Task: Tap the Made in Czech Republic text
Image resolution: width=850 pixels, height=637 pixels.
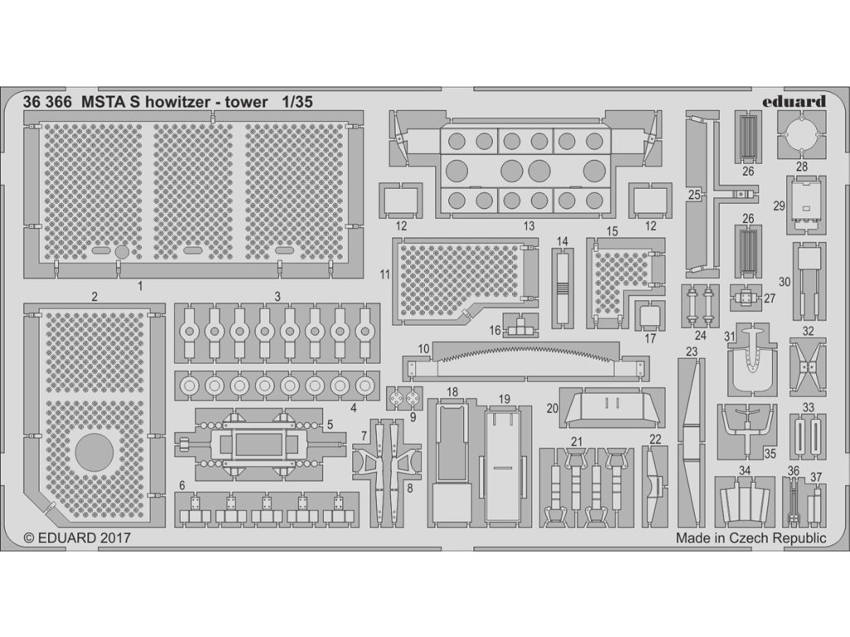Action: (x=750, y=537)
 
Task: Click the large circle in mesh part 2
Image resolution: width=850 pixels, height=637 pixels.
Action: (x=94, y=453)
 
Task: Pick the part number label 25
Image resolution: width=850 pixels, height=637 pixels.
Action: (x=694, y=196)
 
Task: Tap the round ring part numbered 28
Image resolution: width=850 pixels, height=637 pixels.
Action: (x=802, y=134)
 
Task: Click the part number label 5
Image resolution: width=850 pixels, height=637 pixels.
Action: (x=330, y=424)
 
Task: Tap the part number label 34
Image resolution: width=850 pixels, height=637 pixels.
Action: (x=745, y=470)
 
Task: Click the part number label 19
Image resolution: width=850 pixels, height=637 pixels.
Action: (x=504, y=399)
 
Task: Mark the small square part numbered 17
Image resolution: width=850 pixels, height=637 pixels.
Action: (x=650, y=316)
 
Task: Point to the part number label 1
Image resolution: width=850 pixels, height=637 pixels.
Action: (x=140, y=284)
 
